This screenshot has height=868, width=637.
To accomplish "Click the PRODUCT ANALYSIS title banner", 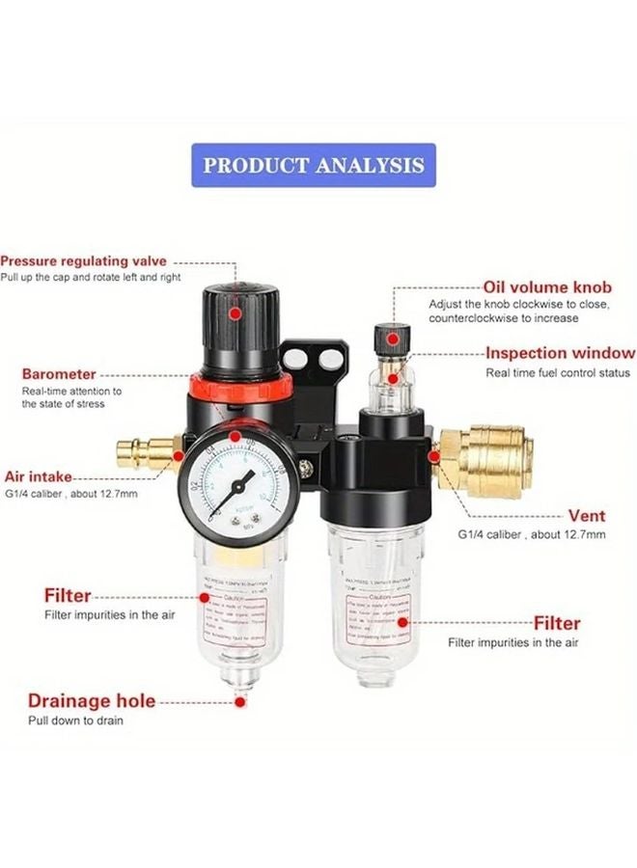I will pyautogui.click(x=314, y=165).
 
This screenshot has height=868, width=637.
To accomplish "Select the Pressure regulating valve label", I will pyautogui.click(x=83, y=260).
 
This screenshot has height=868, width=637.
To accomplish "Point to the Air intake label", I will pyautogui.click(x=38, y=476).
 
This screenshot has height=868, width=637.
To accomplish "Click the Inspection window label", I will pyautogui.click(x=560, y=353).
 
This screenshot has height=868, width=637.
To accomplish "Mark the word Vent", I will pyautogui.click(x=587, y=515).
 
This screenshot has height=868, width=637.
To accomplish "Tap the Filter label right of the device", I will pyautogui.click(x=557, y=623).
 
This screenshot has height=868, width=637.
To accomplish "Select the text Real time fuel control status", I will pyautogui.click(x=558, y=372).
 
